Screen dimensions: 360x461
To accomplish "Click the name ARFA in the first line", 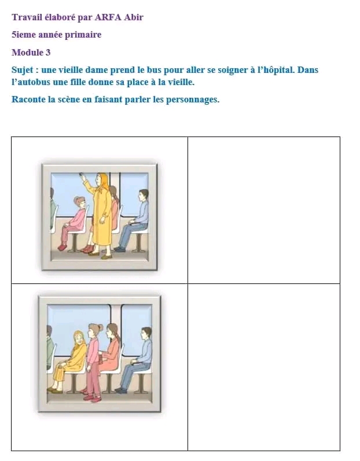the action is click(x=108, y=17).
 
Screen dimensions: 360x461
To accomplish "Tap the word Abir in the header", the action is click(x=134, y=17).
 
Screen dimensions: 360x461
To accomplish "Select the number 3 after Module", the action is click(x=48, y=53).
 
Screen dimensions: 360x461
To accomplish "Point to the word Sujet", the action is click(x=23, y=70).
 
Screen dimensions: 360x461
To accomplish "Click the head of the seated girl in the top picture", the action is click(x=80, y=202).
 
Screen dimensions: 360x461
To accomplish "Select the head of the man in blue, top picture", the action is click(x=144, y=195).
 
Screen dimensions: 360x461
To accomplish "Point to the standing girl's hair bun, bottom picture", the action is click(x=100, y=327).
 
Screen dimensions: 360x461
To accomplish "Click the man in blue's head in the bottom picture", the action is click(x=146, y=333).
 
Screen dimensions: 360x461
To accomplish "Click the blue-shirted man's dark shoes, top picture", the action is click(x=120, y=249).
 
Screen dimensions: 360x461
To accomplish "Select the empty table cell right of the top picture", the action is click(x=264, y=210).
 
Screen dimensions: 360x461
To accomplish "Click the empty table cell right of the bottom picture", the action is click(x=264, y=367).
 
